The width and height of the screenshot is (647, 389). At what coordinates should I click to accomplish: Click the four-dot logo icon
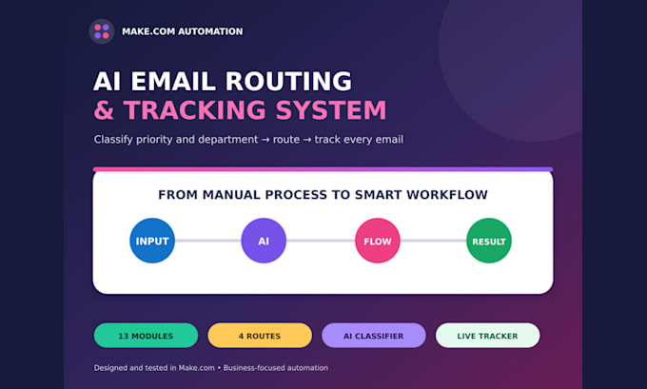102,31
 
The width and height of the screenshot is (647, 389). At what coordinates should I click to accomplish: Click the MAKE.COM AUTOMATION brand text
183,31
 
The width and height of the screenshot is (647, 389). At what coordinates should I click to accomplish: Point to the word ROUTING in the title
288,81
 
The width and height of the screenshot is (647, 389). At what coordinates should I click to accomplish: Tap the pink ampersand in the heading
104,110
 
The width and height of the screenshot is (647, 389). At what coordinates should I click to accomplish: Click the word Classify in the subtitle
113,140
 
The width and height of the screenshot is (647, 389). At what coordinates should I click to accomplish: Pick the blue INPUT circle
152,241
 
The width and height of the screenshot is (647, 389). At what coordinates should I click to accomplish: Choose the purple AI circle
264,241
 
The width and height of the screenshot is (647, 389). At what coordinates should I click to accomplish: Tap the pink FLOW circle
378,241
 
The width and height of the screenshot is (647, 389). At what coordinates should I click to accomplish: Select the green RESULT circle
489,241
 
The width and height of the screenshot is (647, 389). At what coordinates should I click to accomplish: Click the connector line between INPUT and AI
208,241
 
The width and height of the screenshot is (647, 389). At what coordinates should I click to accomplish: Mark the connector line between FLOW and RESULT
433,241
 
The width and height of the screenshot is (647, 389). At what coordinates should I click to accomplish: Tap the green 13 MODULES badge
147,336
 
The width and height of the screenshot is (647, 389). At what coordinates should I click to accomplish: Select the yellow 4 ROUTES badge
260,336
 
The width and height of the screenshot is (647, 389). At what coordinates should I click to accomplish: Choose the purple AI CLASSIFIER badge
374,336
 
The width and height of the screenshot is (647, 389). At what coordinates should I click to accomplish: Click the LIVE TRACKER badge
488,336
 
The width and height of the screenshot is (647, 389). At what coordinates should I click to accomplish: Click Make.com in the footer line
196,368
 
